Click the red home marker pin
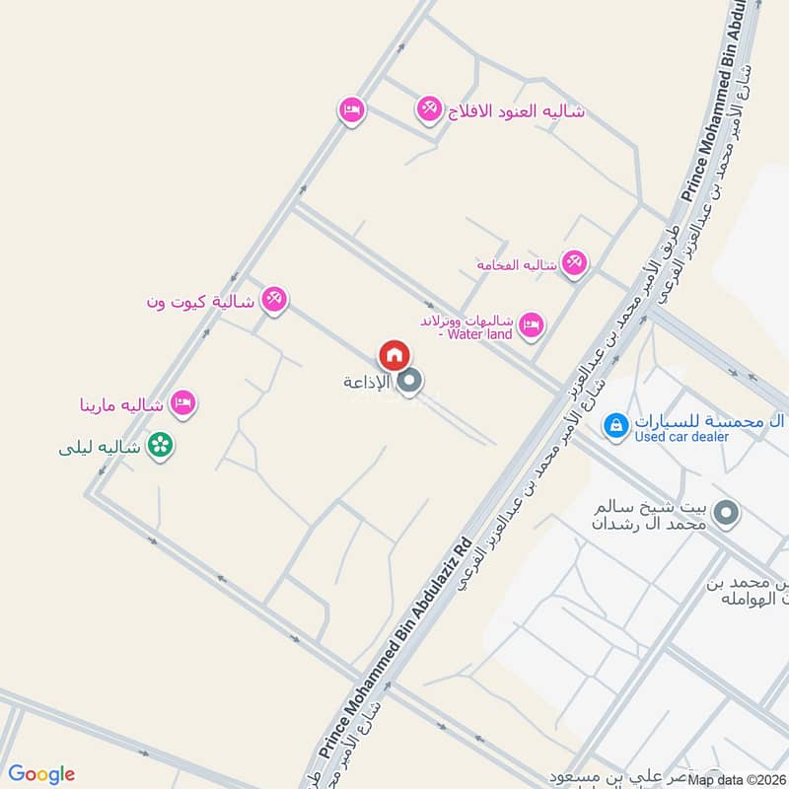click(394, 354)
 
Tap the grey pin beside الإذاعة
click(411, 381)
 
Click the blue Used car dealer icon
click(615, 425)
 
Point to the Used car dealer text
click(682, 436)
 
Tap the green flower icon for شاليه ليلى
click(160, 446)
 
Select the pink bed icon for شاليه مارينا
click(182, 402)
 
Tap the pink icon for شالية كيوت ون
click(274, 300)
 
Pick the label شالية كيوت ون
click(201, 301)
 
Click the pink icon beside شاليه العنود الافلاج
click(429, 108)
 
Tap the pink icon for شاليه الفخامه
click(573, 262)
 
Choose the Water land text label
click(478, 334)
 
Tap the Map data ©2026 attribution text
click(736, 780)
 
